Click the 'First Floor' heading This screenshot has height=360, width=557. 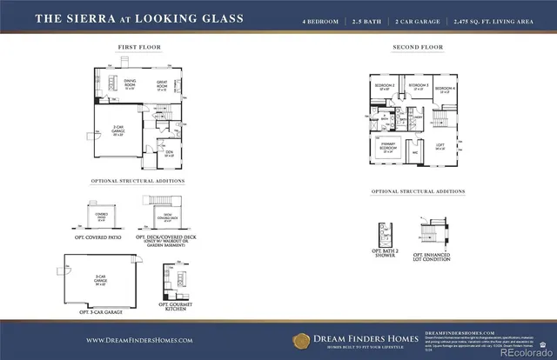tap(138, 48)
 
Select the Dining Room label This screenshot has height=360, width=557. tap(129, 85)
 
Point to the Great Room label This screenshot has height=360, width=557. tap(162, 85)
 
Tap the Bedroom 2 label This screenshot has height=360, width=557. tap(385, 88)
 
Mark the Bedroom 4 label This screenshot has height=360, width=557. tap(446, 89)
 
